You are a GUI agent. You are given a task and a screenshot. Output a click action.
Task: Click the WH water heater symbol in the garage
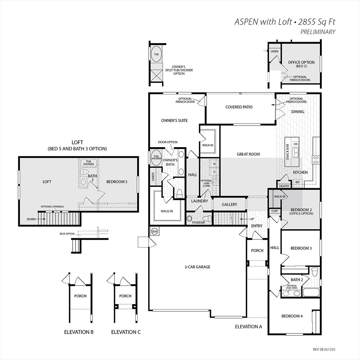click(154, 231)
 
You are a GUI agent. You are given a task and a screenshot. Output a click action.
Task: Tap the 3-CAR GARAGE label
click(197, 267)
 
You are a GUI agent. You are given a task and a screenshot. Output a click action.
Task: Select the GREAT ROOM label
click(248, 154)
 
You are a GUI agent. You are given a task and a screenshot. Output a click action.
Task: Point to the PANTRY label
click(284, 186)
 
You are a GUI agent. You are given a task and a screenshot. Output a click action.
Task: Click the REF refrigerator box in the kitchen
click(298, 182)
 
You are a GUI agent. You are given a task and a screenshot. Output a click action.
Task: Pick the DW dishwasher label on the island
click(296, 144)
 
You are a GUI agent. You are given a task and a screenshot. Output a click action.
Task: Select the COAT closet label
click(275, 211)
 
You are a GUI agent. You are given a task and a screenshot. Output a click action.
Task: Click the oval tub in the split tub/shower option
click(156, 54)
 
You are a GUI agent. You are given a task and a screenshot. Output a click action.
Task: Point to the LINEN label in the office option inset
click(275, 51)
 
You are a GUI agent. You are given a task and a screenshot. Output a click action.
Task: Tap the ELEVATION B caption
click(79, 332)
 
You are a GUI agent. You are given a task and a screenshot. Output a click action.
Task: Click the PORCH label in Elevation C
click(125, 296)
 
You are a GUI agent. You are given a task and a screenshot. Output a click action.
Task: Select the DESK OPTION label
click(67, 234)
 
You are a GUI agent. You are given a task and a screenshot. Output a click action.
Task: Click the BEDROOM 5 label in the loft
click(117, 182)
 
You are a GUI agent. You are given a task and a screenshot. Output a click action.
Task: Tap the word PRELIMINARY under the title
click(318, 32)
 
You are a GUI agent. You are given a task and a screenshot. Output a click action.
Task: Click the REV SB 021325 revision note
click(324, 350)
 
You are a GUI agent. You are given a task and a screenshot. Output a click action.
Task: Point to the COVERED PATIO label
click(239, 107)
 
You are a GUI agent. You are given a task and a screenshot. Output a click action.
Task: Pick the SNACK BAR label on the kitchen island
click(287, 152)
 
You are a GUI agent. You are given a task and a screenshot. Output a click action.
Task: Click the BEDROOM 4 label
click(292, 316)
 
